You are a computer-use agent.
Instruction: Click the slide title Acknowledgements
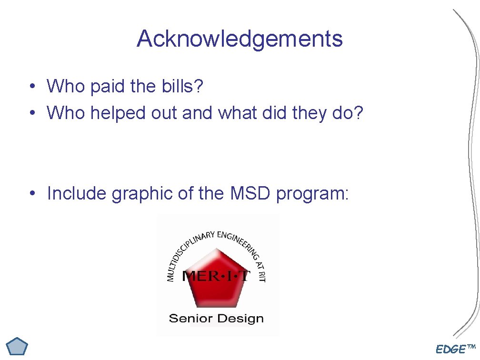pos(240,39)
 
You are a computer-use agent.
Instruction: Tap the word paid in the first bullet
pos(108,86)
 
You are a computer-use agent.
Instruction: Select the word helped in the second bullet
pos(118,113)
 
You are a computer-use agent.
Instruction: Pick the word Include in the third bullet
pos(77,193)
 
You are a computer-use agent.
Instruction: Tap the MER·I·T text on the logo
pos(216,276)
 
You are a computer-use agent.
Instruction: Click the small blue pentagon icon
pos(18,346)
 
